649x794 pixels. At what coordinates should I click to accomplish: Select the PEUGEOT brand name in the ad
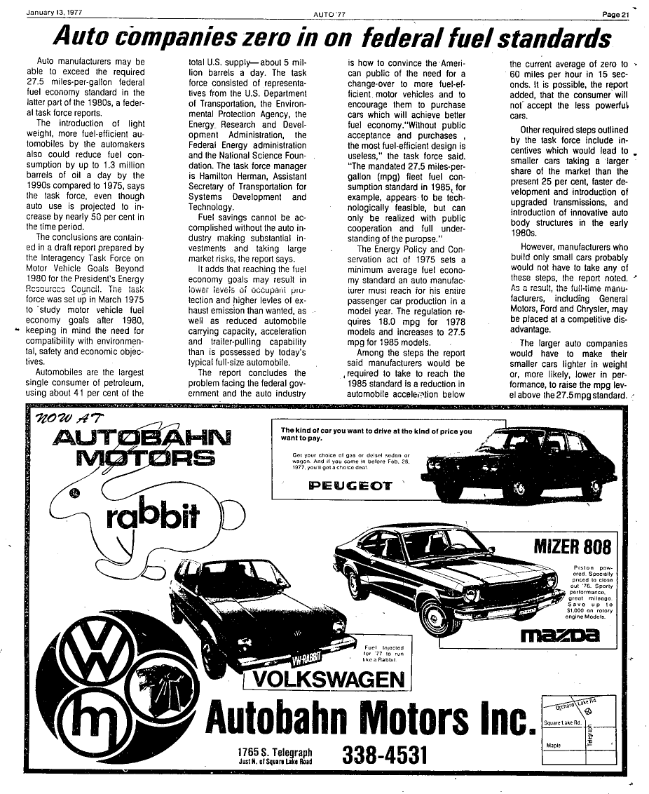[x=351, y=485]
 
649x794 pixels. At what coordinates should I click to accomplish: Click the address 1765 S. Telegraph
[x=274, y=751]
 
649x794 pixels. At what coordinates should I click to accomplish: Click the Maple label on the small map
[x=555, y=746]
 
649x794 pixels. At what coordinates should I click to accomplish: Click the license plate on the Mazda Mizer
[x=525, y=611]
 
